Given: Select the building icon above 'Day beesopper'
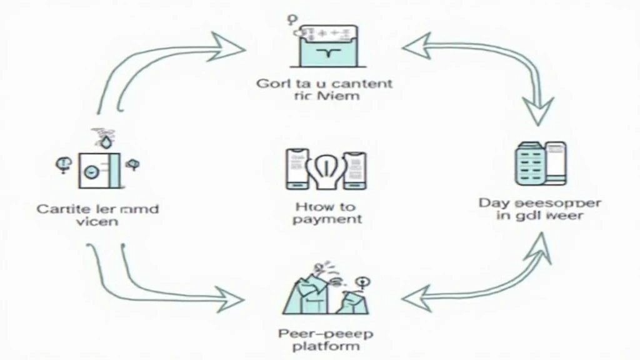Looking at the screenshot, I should pyautogui.click(x=541, y=164).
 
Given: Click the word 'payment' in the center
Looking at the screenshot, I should pyautogui.click(x=326, y=219).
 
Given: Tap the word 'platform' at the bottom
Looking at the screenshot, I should pyautogui.click(x=319, y=346).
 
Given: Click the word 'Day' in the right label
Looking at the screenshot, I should pyautogui.click(x=492, y=203).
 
